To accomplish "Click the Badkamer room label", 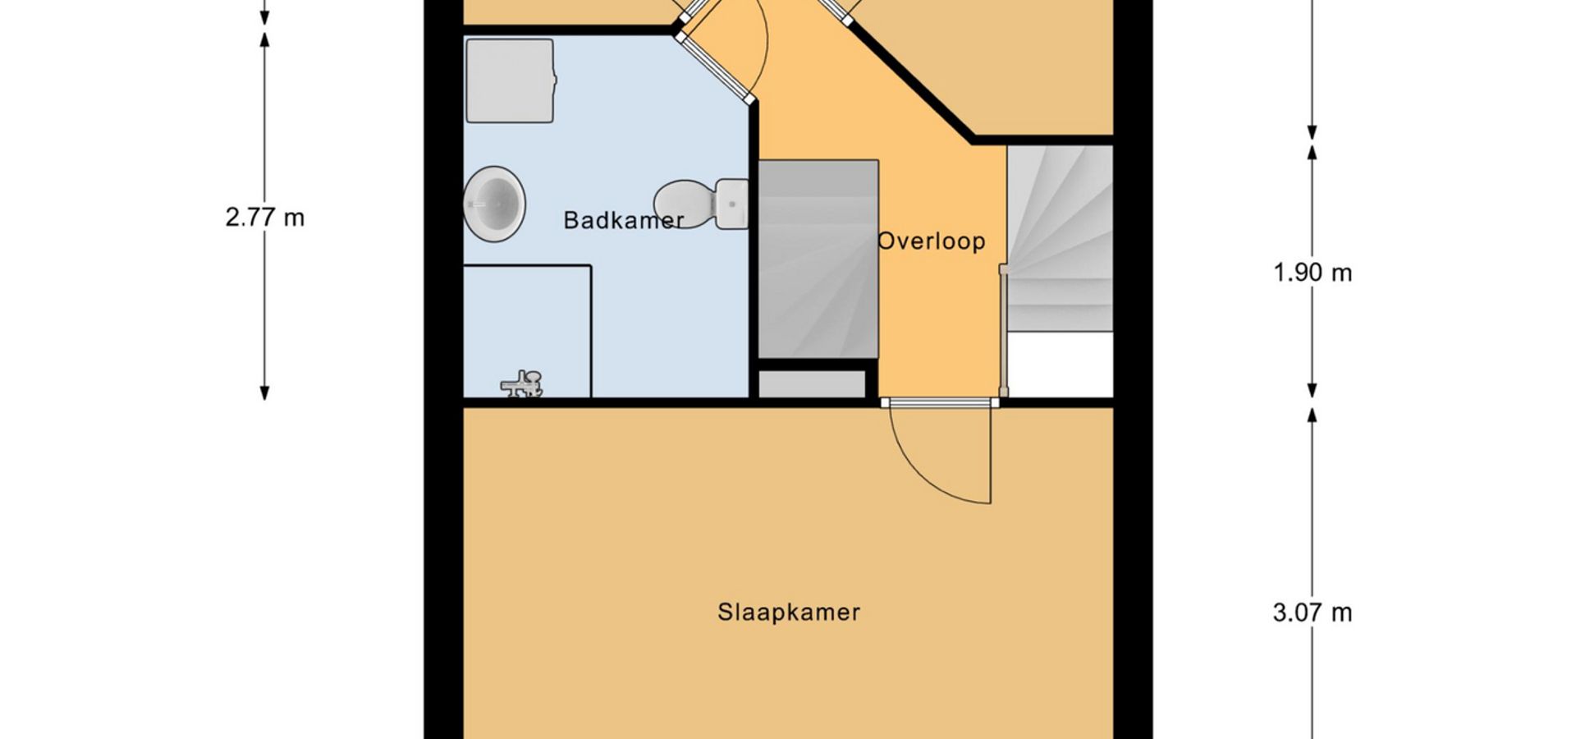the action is [x=624, y=220].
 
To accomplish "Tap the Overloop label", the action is [x=931, y=241].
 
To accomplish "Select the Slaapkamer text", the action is [x=789, y=613].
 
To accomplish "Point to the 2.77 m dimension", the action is [x=264, y=218].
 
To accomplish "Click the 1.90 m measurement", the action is [x=1312, y=273].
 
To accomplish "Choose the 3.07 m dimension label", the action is [x=1312, y=613].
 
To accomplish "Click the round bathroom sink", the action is [x=494, y=204].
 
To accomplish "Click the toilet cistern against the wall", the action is [x=731, y=204].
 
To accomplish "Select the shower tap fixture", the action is [x=523, y=383].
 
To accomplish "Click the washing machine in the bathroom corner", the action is [x=510, y=80].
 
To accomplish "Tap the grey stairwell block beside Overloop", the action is [x=818, y=259].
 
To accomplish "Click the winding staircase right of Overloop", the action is [x=1060, y=238].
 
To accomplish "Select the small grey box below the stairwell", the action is [x=812, y=384].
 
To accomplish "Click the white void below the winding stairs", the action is [x=1060, y=365].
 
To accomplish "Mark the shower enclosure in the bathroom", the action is [x=527, y=332].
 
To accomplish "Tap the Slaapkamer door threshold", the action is [x=940, y=402].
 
